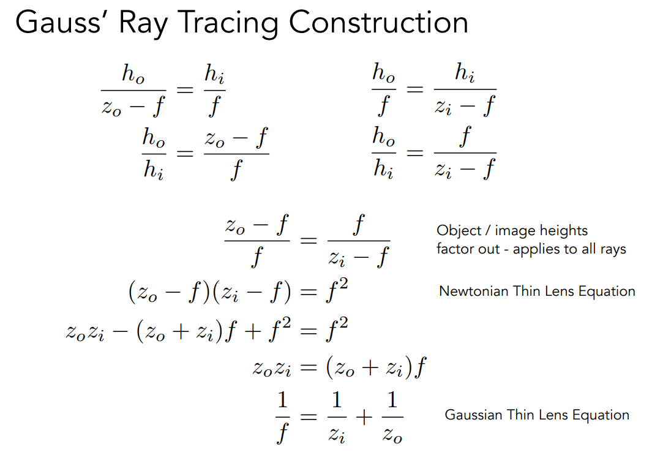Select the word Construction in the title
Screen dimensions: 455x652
coord(378,23)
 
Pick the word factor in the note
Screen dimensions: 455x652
coord(454,249)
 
